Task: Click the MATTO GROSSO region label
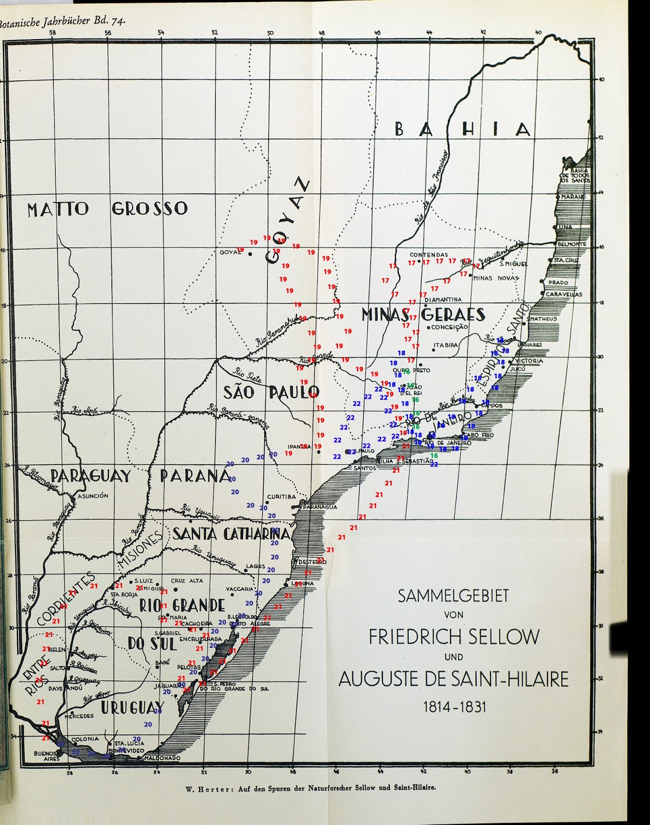click(x=107, y=209)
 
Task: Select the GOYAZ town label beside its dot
click(x=230, y=252)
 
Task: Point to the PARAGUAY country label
click(x=91, y=475)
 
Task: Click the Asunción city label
click(x=93, y=496)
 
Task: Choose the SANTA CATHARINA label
click(x=231, y=534)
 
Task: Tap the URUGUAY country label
click(x=132, y=708)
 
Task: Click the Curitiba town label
click(x=282, y=497)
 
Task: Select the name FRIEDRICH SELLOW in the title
click(x=454, y=637)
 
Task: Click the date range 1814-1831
click(x=454, y=706)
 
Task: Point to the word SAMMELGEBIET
click(x=453, y=596)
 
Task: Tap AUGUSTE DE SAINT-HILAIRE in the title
click(x=453, y=679)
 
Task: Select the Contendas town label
click(x=429, y=255)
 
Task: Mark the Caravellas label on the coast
click(x=564, y=294)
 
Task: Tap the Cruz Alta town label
click(x=187, y=581)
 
